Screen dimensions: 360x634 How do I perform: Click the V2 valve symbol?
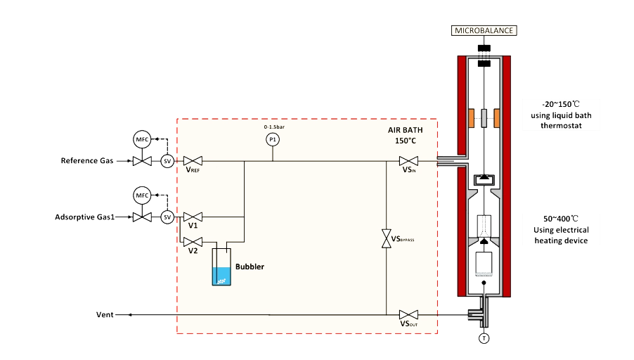pyautogui.click(x=189, y=241)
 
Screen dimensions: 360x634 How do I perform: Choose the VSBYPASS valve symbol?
pyautogui.click(x=386, y=238)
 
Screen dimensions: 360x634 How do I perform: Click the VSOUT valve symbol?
pyautogui.click(x=409, y=314)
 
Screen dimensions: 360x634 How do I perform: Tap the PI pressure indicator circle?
pyautogui.click(x=273, y=141)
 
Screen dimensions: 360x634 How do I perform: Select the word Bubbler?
pyautogui.click(x=250, y=267)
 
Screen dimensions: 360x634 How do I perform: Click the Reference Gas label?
pyautogui.click(x=86, y=162)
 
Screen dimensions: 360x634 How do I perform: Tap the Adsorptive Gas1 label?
pyautogui.click(x=84, y=217)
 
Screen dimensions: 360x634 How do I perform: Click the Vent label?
pyautogui.click(x=105, y=314)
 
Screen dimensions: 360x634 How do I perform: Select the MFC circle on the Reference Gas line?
pyautogui.click(x=143, y=139)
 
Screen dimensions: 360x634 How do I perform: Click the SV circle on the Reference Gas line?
pyautogui.click(x=167, y=162)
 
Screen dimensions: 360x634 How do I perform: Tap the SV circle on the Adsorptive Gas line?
pyautogui.click(x=167, y=217)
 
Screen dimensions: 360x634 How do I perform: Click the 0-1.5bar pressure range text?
pyautogui.click(x=273, y=127)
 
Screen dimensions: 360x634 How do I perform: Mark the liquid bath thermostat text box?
pyautogui.click(x=559, y=115)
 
